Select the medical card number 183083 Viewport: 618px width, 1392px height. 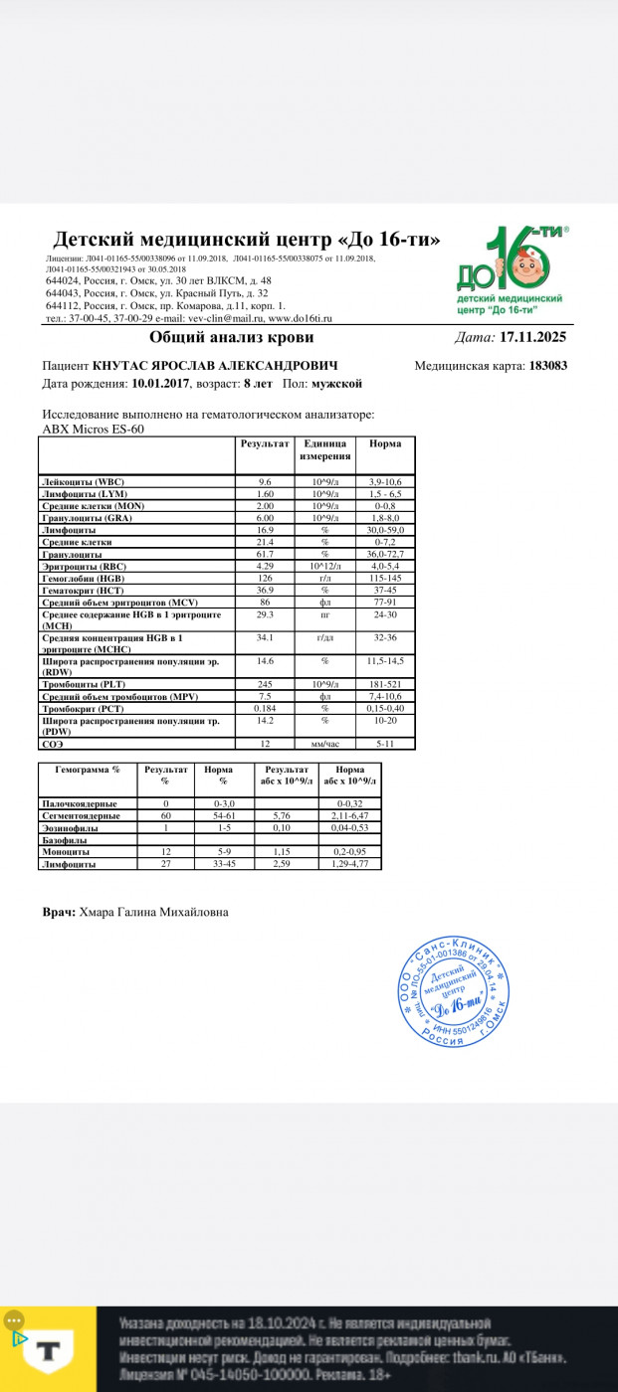click(x=547, y=365)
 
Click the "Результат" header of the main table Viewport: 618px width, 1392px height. click(x=265, y=442)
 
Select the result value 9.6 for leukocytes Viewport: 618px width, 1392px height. click(x=266, y=481)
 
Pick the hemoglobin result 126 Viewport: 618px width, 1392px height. click(x=266, y=578)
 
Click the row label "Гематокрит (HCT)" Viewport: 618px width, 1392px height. click(x=81, y=591)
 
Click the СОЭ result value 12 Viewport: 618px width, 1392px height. click(x=266, y=743)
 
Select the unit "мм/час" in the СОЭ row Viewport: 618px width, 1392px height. click(x=324, y=743)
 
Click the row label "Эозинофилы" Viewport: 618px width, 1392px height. click(x=72, y=828)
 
